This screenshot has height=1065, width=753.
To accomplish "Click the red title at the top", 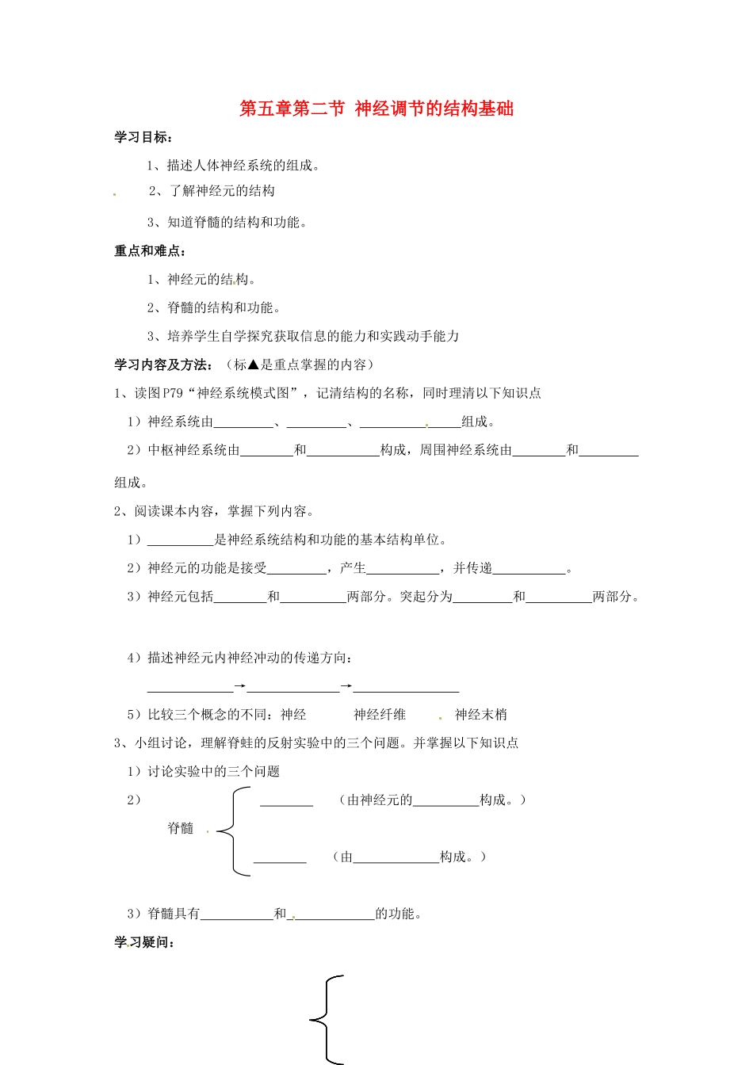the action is pos(376,109).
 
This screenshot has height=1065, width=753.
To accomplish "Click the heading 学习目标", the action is pos(143,137).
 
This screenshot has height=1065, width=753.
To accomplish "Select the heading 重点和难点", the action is pos(149,251).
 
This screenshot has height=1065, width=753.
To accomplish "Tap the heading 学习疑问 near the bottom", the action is pos(143,942).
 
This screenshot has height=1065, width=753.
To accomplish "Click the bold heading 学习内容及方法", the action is pos(162,365).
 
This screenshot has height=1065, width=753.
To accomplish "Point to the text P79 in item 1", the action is pos(173,393).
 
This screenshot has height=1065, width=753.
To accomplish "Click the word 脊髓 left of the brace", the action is pos(181,828).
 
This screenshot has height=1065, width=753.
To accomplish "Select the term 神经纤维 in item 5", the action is pos(380,715).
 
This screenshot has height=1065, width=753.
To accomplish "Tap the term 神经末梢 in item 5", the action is pos(480,715).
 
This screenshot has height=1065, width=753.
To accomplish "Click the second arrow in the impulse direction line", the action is pos(346,686).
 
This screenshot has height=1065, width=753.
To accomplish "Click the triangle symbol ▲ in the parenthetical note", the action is pos(254,365).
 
